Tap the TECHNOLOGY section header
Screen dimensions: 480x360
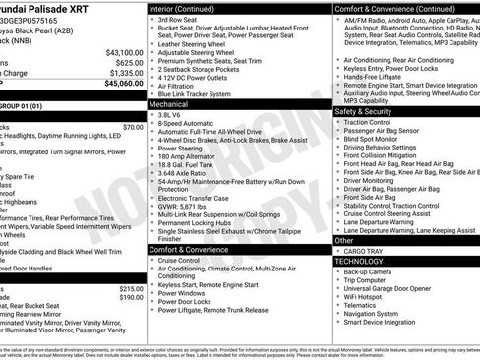(x=359, y=261)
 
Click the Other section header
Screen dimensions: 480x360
(x=344, y=240)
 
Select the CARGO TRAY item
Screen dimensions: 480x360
(x=364, y=251)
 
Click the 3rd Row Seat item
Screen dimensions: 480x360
(x=177, y=20)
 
